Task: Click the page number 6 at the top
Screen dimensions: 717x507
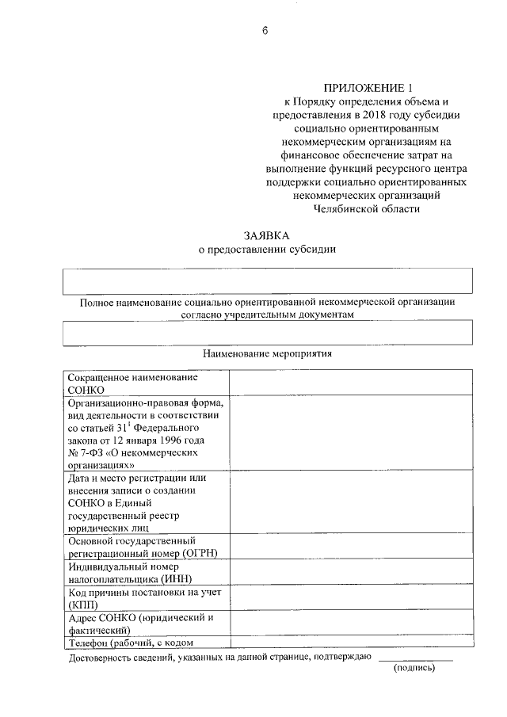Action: pos(265,32)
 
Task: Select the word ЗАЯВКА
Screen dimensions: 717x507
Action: pos(266,235)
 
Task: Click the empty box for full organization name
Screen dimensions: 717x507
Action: pos(268,280)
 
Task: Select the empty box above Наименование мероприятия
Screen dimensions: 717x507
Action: pos(268,333)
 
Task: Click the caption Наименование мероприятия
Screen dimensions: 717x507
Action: pos(268,353)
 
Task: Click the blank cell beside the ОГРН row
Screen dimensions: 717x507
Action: pos(351,546)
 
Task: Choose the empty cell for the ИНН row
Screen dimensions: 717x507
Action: pos(351,573)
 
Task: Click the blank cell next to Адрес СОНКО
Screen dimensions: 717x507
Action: pos(351,624)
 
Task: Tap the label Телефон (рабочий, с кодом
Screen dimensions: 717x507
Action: pos(131,643)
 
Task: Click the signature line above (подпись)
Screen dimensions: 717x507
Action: pos(415,660)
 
